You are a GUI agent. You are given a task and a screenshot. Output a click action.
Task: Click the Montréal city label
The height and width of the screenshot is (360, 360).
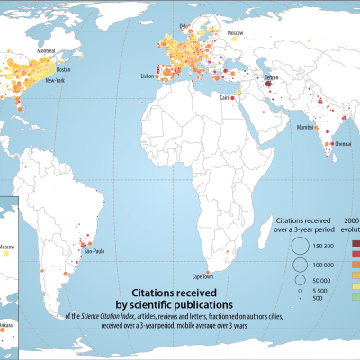[48, 53]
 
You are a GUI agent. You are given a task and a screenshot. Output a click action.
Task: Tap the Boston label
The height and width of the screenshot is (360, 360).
[63, 69]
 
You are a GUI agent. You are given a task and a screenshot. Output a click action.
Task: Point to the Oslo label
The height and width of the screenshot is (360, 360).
[185, 26]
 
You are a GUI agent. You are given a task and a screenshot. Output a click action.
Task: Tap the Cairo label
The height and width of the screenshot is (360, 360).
[226, 97]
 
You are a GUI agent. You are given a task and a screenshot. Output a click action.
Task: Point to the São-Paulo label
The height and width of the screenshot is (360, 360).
[95, 252]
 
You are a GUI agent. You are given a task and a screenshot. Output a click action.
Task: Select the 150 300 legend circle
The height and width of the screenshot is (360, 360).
[299, 247]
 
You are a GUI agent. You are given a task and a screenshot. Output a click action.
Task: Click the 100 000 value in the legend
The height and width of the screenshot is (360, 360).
[324, 264]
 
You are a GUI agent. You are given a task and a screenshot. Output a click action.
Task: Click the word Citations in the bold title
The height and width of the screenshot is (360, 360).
[159, 292]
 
